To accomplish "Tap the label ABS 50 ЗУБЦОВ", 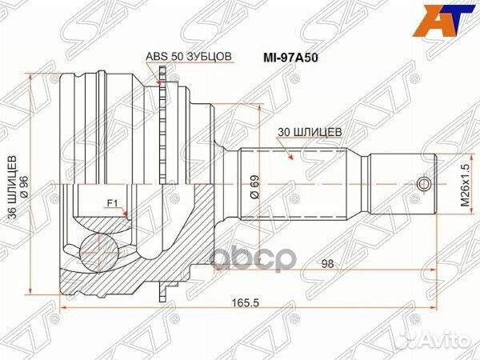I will point(189,56).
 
